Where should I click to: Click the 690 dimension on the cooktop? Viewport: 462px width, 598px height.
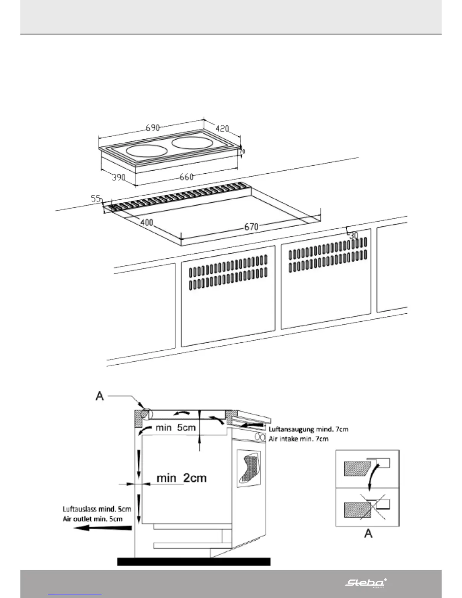(x=153, y=128)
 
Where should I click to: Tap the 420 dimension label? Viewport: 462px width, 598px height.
(x=222, y=128)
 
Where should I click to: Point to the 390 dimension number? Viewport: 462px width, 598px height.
(x=118, y=177)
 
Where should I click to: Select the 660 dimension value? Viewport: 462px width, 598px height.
(x=186, y=177)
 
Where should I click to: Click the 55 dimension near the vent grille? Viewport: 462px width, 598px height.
(x=96, y=198)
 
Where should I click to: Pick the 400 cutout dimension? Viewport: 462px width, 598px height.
(x=146, y=222)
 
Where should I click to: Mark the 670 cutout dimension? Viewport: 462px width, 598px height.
(x=251, y=227)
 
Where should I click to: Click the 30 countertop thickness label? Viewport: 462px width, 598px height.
(x=353, y=235)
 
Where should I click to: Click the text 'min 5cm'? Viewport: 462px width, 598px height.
(x=176, y=428)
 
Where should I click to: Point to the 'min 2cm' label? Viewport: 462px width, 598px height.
(x=182, y=478)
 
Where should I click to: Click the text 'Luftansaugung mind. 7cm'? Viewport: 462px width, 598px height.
(x=308, y=429)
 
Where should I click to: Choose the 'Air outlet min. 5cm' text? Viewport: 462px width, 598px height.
(x=92, y=519)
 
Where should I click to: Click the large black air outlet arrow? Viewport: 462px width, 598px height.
(x=102, y=528)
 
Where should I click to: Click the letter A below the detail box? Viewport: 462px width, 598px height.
(x=368, y=533)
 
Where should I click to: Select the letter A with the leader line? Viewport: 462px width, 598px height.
(x=100, y=396)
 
